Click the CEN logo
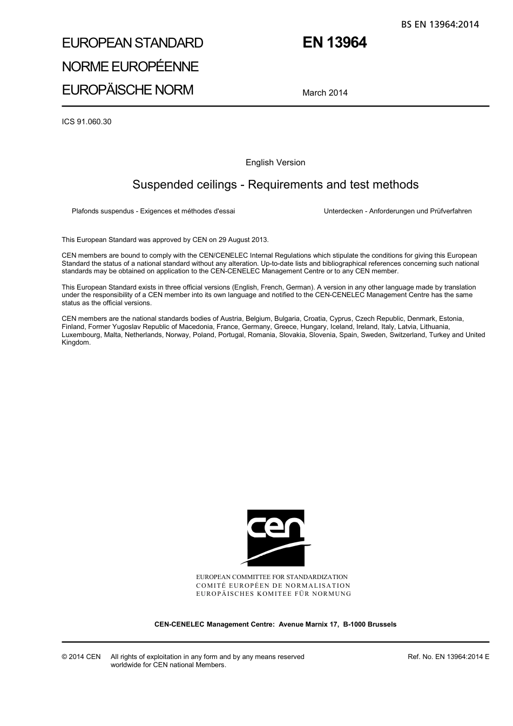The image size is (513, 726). click(275, 537)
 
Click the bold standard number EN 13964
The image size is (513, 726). click(334, 43)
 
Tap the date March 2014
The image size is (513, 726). click(325, 93)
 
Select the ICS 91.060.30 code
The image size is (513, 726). click(86, 122)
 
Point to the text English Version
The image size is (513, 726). click(275, 163)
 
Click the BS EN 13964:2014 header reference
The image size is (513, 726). click(440, 24)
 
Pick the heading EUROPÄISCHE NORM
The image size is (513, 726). click(127, 90)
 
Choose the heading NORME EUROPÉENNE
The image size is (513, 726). click(130, 66)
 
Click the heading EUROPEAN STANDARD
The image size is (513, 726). click(132, 43)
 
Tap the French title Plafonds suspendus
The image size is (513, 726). click(153, 211)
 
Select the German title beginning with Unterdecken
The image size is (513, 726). click(397, 211)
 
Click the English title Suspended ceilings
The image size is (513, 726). click(275, 185)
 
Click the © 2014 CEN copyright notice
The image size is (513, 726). click(81, 657)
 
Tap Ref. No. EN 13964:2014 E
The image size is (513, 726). click(448, 657)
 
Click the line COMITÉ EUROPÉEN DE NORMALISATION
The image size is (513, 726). click(273, 586)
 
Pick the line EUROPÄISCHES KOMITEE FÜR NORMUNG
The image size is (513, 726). click(273, 594)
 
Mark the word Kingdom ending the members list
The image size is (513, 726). click(76, 342)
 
